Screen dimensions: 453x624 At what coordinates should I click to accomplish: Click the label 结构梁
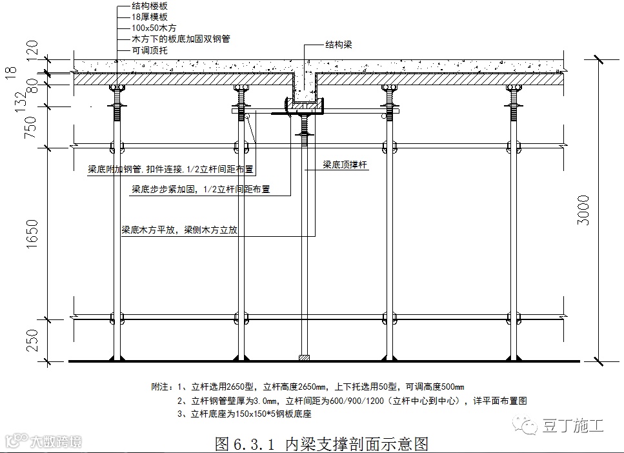tap(339, 45)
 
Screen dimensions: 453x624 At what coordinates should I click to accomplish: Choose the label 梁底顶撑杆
tap(345, 165)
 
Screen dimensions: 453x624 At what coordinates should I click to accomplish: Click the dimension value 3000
tap(583, 209)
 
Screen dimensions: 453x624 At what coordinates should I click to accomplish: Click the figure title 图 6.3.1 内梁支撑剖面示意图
tap(321, 443)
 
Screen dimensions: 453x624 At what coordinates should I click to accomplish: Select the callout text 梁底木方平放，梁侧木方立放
tap(180, 230)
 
